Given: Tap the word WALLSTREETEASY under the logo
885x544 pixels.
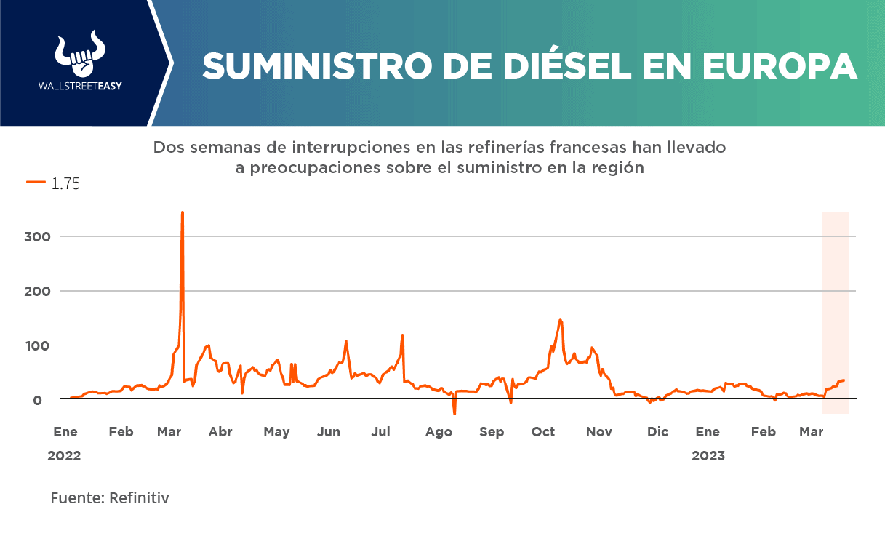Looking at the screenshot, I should pyautogui.click(x=80, y=86).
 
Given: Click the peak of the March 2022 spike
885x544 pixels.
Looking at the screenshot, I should pyautogui.click(x=182, y=213).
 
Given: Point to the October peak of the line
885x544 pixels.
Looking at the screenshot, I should pyautogui.click(x=560, y=319).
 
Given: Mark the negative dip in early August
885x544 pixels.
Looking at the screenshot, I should pyautogui.click(x=454, y=413).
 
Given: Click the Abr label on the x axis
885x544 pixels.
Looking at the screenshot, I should pyautogui.click(x=220, y=432).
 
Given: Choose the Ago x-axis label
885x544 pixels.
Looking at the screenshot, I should pyautogui.click(x=439, y=432).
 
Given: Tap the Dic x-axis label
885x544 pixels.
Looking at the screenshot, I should pyautogui.click(x=657, y=432).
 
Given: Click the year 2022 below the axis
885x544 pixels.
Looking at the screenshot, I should pyautogui.click(x=64, y=457).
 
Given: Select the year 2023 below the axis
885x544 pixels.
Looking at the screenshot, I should pyautogui.click(x=708, y=457).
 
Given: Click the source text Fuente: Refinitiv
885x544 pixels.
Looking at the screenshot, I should pyautogui.click(x=110, y=498).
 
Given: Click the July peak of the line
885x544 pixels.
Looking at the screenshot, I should pyautogui.click(x=402, y=335).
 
